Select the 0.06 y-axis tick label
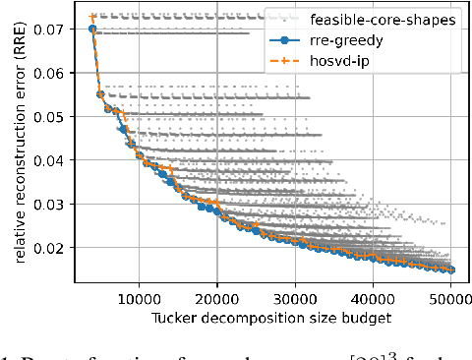coord(50,73)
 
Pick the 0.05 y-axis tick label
coord(50,117)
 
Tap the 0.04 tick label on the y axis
coord(50,160)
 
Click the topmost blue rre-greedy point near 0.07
coord(92,30)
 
